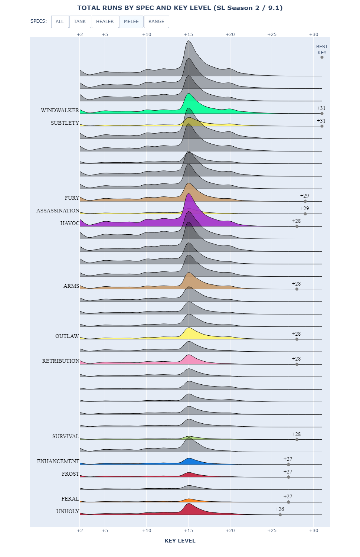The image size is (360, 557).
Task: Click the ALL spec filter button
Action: click(60, 22)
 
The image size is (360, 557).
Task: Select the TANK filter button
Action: click(80, 22)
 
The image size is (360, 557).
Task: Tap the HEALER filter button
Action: click(105, 22)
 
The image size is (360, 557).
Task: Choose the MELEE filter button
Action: click(131, 22)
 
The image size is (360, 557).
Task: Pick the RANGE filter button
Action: click(156, 22)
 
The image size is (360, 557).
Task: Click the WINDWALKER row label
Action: click(60, 111)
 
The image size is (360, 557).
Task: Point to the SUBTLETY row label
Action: click(65, 123)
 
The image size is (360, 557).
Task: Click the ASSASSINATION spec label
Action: click(58, 211)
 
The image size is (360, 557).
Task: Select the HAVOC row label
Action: click(70, 224)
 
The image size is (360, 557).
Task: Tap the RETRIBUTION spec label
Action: click(60, 361)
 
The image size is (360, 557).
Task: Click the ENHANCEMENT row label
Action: click(58, 462)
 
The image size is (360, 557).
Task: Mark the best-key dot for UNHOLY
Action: click(280, 515)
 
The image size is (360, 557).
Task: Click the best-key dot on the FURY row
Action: click(305, 201)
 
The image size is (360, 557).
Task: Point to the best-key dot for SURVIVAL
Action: click(297, 439)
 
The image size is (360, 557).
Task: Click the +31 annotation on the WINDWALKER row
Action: click(321, 108)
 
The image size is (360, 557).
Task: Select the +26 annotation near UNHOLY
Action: click(279, 509)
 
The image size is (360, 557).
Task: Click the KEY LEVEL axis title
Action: click(180, 541)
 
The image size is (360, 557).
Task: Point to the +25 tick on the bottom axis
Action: click(272, 531)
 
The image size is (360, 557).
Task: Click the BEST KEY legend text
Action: click(322, 49)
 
